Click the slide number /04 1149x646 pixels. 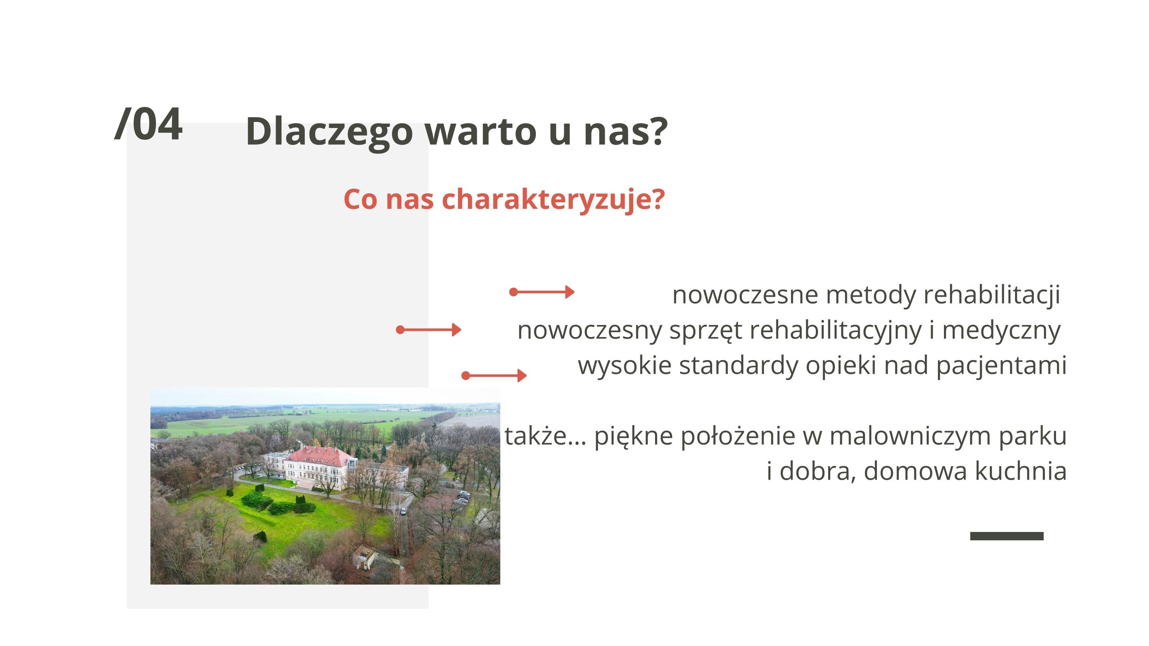pyautogui.click(x=148, y=124)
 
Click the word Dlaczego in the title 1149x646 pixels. pyautogui.click(x=329, y=132)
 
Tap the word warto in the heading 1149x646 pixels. pyautogui.click(x=480, y=132)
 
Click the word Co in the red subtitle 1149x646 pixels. pyautogui.click(x=360, y=199)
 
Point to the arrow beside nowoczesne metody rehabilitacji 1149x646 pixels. pyautogui.click(x=542, y=292)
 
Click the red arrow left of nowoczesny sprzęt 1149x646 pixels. pyautogui.click(x=428, y=330)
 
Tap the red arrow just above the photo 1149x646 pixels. pyautogui.click(x=494, y=375)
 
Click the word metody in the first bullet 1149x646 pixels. pyautogui.click(x=871, y=295)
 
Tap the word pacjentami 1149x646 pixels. pyautogui.click(x=1001, y=366)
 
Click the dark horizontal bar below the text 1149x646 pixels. pyautogui.click(x=1007, y=536)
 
